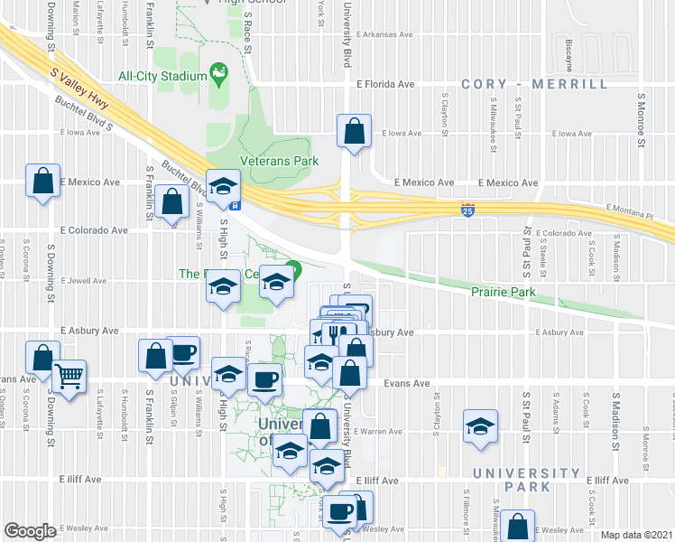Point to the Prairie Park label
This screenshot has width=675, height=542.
point(504,292)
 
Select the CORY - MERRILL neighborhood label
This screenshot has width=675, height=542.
point(534,84)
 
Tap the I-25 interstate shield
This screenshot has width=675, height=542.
point(467,209)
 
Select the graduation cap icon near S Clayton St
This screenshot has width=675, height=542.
point(480,426)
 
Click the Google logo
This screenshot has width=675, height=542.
point(30,531)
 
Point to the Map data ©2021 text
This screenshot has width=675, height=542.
point(636,535)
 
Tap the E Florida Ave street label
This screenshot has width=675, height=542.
point(384,84)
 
